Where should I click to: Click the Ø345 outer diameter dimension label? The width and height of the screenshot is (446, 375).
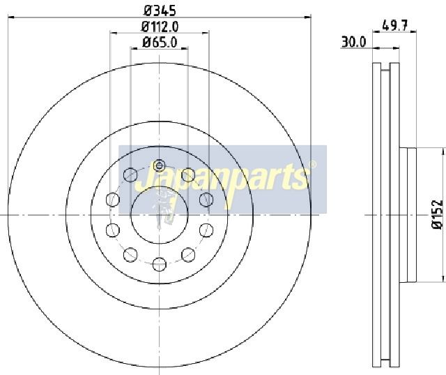[x=160, y=10]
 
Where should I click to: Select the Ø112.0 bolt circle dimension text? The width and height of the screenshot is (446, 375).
[x=160, y=27]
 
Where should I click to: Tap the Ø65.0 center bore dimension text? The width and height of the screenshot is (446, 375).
[x=160, y=43]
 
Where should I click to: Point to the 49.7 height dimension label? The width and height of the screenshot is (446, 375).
[x=395, y=25]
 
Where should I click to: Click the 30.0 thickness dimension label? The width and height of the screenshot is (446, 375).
[x=353, y=42]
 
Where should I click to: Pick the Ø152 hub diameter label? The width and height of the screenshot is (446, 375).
[x=438, y=214]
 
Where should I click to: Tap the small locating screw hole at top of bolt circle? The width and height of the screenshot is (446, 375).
[x=160, y=166]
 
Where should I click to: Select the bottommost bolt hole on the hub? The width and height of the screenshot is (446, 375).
[x=160, y=264]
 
